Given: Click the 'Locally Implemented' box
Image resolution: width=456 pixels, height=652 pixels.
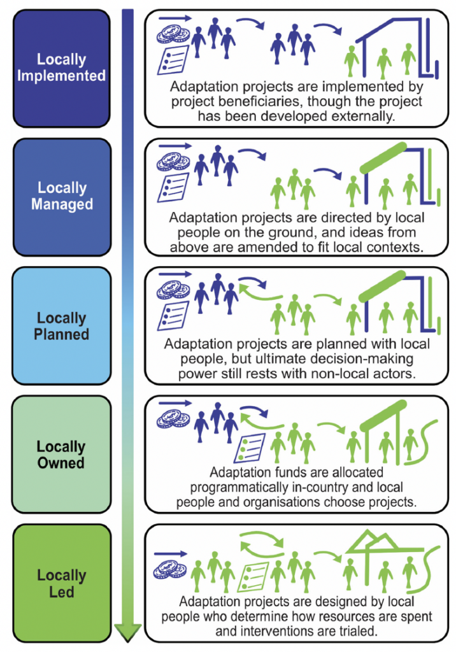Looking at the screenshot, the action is click(62, 68).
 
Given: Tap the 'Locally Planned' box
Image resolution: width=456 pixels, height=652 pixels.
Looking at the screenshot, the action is click(62, 326).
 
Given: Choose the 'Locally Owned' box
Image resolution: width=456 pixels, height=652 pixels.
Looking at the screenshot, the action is click(61, 455).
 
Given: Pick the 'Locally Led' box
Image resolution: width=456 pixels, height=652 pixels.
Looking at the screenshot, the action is click(62, 583).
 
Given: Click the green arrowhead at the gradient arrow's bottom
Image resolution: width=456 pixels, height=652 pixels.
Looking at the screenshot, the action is click(128, 632).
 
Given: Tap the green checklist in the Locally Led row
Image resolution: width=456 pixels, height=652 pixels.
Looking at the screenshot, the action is click(253, 577).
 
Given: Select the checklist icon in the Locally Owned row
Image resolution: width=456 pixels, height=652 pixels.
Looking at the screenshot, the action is click(250, 448).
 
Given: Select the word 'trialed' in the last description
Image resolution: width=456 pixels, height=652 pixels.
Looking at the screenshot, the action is click(357, 631).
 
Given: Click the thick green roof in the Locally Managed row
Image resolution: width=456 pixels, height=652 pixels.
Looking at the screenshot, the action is click(383, 158).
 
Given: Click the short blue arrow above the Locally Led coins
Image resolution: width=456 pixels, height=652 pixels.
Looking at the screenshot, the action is click(171, 554).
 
